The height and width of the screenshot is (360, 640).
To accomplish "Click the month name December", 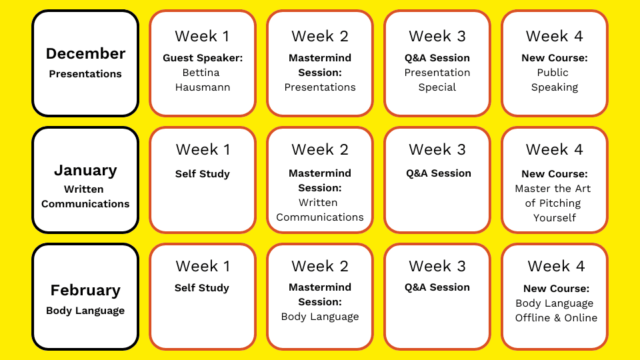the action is (85, 53).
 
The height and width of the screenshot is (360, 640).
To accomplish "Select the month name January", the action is (85, 170).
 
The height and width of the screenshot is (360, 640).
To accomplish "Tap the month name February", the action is (85, 290).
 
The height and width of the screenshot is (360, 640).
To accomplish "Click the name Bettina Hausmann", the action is (203, 79).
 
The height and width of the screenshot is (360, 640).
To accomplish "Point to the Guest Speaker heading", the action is (203, 58).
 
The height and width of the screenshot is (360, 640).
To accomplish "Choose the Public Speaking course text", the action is (554, 79).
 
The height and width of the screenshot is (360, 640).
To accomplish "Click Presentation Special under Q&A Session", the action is (437, 79).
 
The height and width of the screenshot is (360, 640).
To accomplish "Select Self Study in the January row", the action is (203, 174).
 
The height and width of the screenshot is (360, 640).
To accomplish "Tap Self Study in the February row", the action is (201, 288).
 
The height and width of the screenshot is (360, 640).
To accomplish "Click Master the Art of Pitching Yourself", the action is (554, 203).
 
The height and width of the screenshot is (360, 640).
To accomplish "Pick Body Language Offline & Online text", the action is (556, 311).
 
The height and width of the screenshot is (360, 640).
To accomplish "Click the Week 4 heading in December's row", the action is (554, 36).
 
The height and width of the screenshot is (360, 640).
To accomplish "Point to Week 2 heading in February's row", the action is (320, 266).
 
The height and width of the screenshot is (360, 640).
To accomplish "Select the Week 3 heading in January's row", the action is (437, 149).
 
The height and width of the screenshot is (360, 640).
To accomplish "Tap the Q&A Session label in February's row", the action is (437, 287).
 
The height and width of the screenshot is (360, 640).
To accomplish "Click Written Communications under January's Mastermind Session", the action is (320, 210).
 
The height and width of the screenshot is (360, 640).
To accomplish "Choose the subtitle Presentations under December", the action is (85, 74).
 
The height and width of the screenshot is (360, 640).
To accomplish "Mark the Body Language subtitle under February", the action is (85, 311).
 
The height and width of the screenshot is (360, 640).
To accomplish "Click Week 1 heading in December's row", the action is (203, 36).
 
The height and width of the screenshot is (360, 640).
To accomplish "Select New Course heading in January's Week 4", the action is (554, 174).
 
